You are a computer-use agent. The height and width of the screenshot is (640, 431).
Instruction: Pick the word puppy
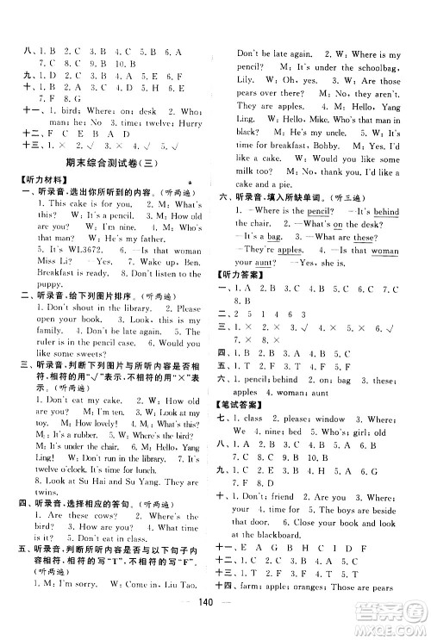(48, 313)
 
